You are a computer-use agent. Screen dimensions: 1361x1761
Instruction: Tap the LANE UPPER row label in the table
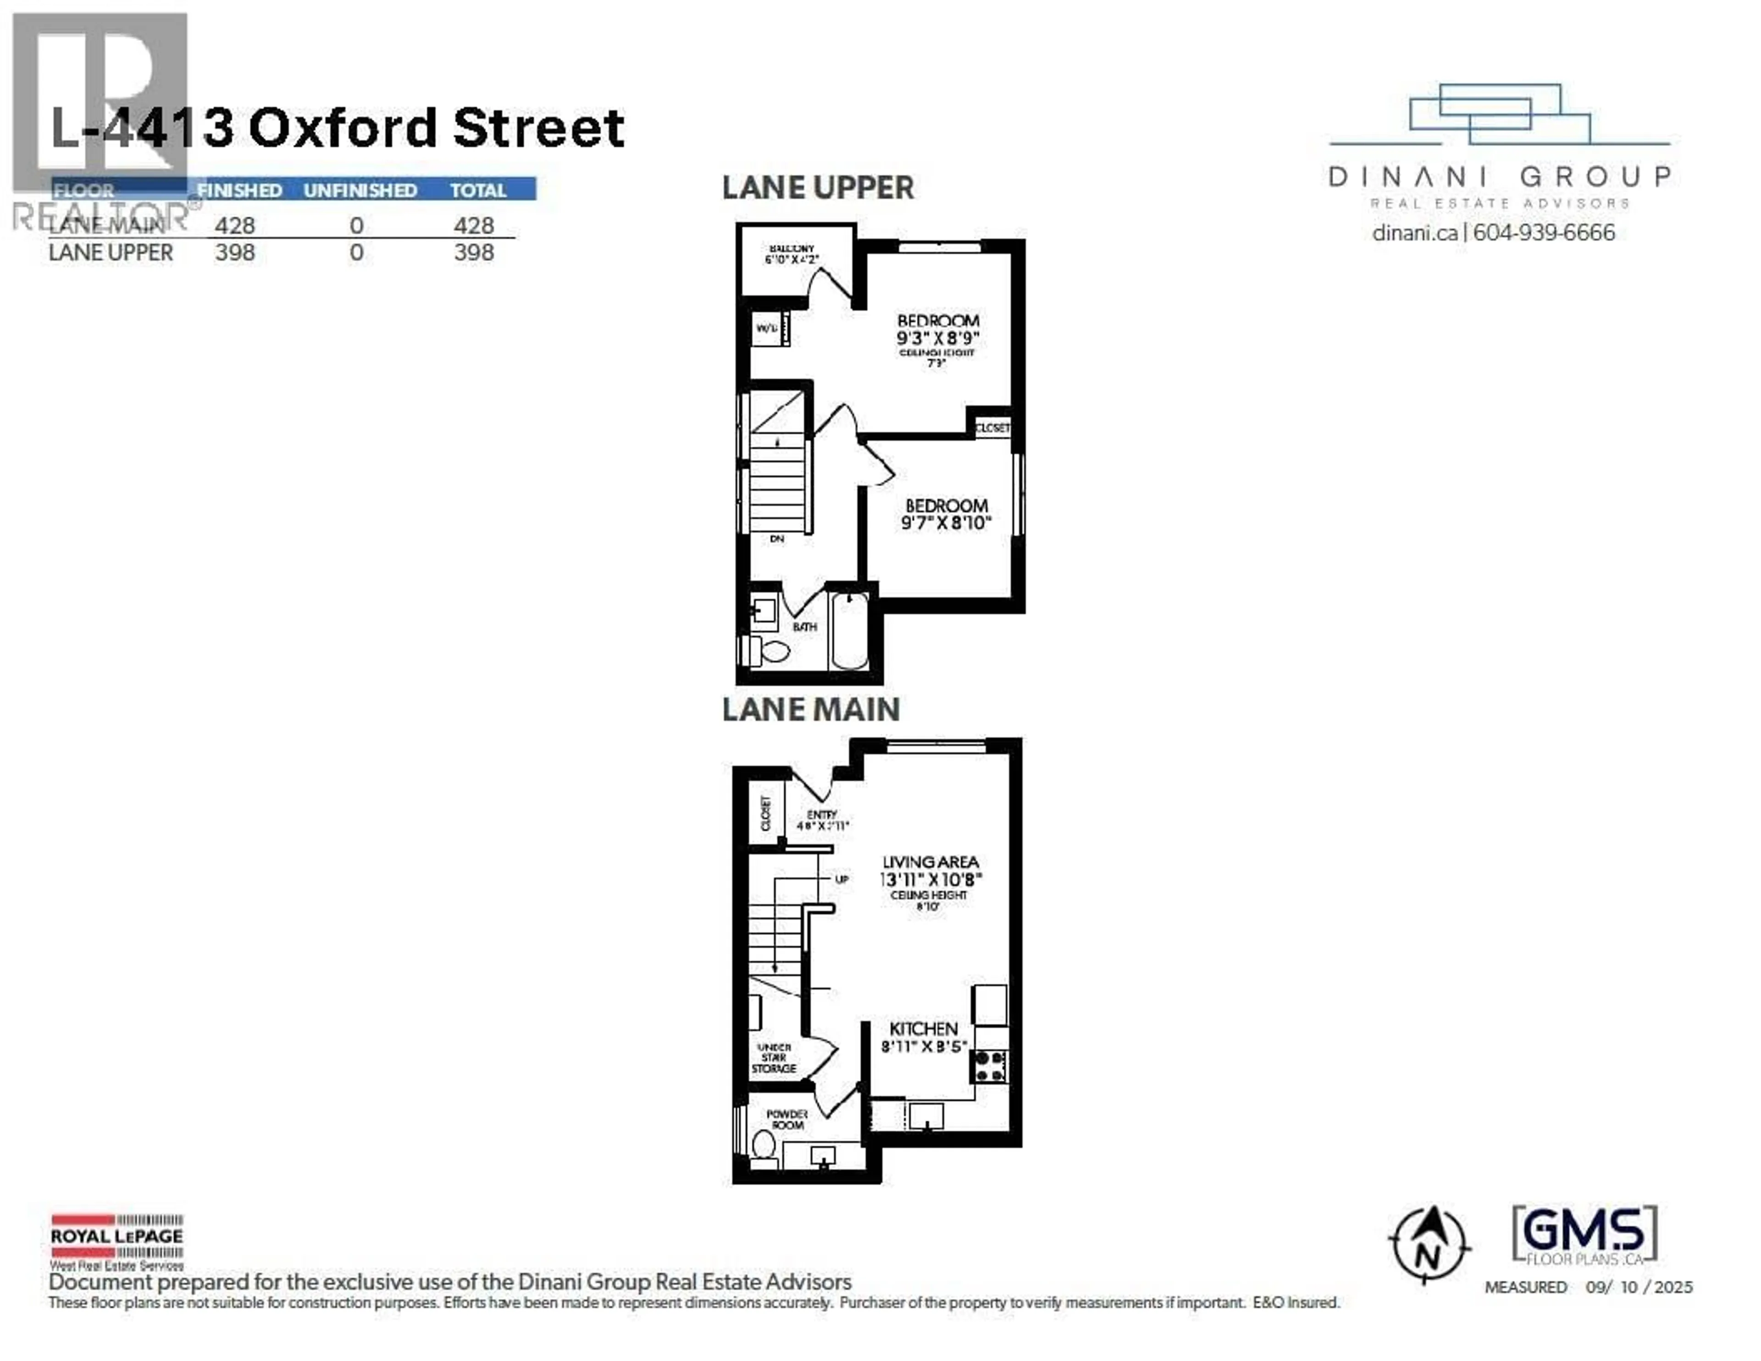[x=111, y=252]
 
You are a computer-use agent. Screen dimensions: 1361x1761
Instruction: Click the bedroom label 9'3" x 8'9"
[x=938, y=330]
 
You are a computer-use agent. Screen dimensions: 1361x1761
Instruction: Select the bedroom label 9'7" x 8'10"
[x=946, y=514]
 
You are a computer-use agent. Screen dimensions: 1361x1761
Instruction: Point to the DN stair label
[x=776, y=538]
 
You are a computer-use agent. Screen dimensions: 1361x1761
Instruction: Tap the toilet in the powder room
[x=763, y=1144]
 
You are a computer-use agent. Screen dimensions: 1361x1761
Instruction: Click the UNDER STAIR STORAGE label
[x=774, y=1058]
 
